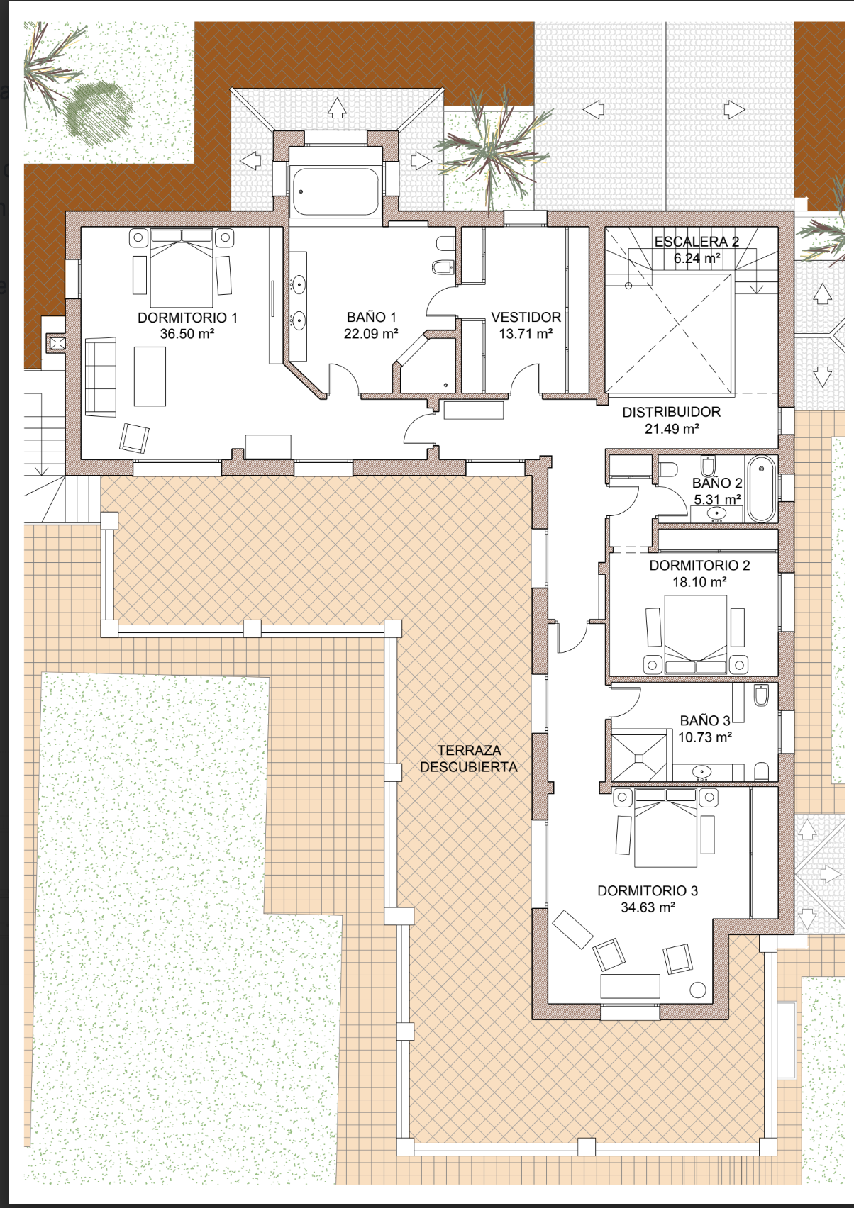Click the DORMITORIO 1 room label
187,318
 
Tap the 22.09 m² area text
371,334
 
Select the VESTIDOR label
526,317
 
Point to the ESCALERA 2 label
697,242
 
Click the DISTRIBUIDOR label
672,412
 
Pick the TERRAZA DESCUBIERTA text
469,759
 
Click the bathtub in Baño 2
761,488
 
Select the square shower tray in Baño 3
639,759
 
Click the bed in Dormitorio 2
695,634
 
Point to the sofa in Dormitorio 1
101,377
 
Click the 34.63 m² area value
648,907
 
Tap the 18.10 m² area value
699,582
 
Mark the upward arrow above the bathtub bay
337,107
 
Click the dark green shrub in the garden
99,115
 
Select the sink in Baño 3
701,771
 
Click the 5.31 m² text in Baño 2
717,500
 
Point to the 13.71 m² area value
526,334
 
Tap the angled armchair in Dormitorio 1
134,438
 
